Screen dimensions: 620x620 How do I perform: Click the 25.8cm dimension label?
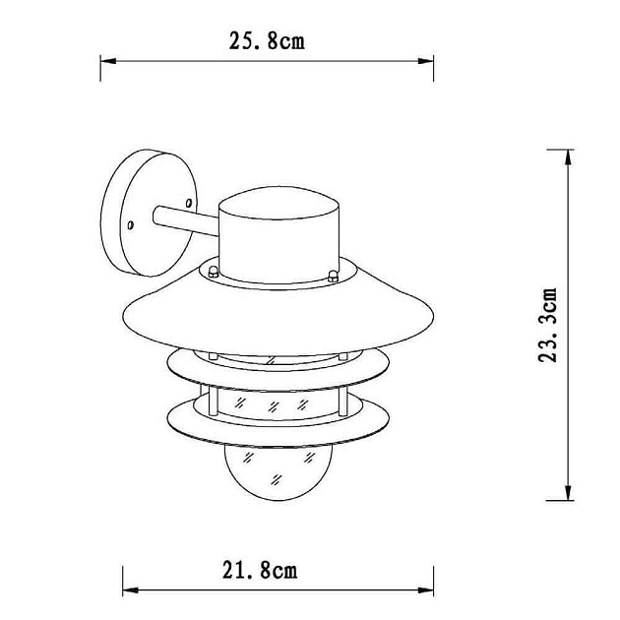267,40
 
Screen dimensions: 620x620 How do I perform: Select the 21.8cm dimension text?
260,571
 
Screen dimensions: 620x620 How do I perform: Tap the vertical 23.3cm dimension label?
547,325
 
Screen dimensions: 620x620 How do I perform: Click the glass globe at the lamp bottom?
279,472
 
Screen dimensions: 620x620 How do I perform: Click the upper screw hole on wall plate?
189,203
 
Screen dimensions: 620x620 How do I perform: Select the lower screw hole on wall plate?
130,225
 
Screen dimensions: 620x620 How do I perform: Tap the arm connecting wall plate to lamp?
185,220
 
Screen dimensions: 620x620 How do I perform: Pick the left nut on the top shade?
214,272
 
